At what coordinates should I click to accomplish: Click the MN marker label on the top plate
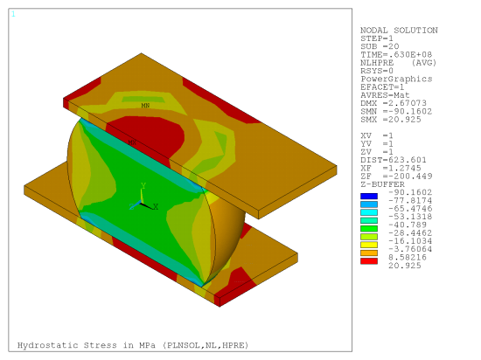click(x=145, y=106)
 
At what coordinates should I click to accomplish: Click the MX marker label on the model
click(x=132, y=142)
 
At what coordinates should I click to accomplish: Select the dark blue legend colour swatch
click(x=369, y=196)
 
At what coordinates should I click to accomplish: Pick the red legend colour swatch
click(x=369, y=261)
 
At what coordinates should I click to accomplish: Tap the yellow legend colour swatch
click(x=369, y=245)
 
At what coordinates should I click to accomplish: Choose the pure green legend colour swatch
click(x=369, y=229)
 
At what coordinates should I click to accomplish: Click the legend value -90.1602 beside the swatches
click(x=410, y=192)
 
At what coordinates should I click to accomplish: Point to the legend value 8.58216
click(x=408, y=258)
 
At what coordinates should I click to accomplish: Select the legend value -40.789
click(x=408, y=225)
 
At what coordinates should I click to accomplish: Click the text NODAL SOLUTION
click(x=399, y=31)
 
